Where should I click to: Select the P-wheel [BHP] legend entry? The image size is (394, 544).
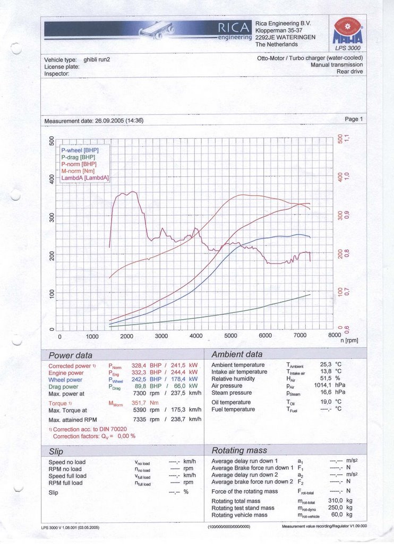[80, 150]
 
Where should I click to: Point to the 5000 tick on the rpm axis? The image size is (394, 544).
[230, 336]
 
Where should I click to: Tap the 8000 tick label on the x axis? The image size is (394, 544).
[334, 336]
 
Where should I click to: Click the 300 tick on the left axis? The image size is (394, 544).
[52, 217]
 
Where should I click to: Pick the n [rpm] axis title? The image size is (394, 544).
[350, 341]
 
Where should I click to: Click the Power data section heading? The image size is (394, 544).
[70, 355]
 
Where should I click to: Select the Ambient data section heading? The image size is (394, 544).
[236, 354]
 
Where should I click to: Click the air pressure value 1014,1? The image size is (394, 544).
[322, 386]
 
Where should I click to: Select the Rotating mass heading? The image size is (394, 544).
[239, 450]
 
